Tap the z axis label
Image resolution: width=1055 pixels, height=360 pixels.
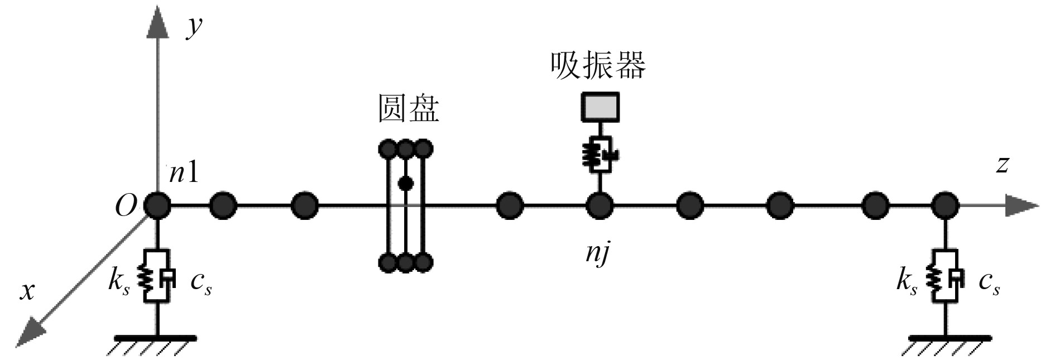pyautogui.click(x=1003, y=165)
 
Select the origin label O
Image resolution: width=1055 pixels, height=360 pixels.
pyautogui.click(x=126, y=207)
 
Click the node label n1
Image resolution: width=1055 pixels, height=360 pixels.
pyautogui.click(x=184, y=174)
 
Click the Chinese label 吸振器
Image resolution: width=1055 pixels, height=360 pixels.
pyautogui.click(x=598, y=66)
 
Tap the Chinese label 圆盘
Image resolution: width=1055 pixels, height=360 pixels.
pyautogui.click(x=409, y=108)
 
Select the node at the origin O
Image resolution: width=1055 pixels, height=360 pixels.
pyautogui.click(x=157, y=205)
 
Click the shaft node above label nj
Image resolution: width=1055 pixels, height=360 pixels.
pyautogui.click(x=600, y=205)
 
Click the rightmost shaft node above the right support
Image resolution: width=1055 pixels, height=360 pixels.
pyautogui.click(x=945, y=205)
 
